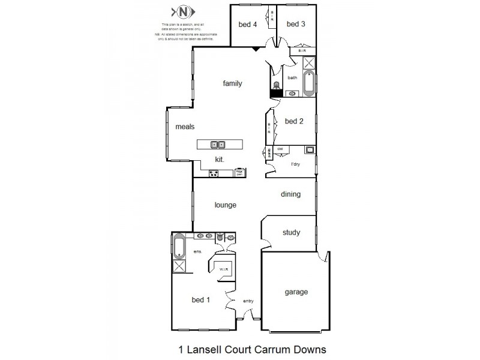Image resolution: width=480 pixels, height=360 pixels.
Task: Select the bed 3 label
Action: click(296, 24)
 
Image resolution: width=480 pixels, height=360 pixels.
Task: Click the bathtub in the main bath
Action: click(308, 84)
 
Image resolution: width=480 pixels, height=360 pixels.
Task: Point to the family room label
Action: click(232, 83)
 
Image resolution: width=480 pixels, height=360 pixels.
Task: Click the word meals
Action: click(185, 127)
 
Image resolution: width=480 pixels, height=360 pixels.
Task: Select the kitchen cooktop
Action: click(213, 173)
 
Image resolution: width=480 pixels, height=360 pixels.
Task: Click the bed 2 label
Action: click(294, 121)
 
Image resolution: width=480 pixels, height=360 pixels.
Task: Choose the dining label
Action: click(290, 194)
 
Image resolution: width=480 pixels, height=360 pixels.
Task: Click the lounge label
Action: click(226, 205)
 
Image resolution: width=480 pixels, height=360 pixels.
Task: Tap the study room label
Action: click(290, 232)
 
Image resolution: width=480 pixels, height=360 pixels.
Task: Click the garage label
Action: click(296, 292)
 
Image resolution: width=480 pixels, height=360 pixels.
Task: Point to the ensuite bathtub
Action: click(179, 247)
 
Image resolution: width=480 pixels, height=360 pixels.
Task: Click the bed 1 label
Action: click(200, 300)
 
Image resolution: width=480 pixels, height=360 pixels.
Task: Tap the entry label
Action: click(248, 301)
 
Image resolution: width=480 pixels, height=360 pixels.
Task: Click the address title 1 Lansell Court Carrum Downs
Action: click(243, 348)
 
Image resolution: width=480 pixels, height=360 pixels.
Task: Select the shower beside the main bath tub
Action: click(308, 64)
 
